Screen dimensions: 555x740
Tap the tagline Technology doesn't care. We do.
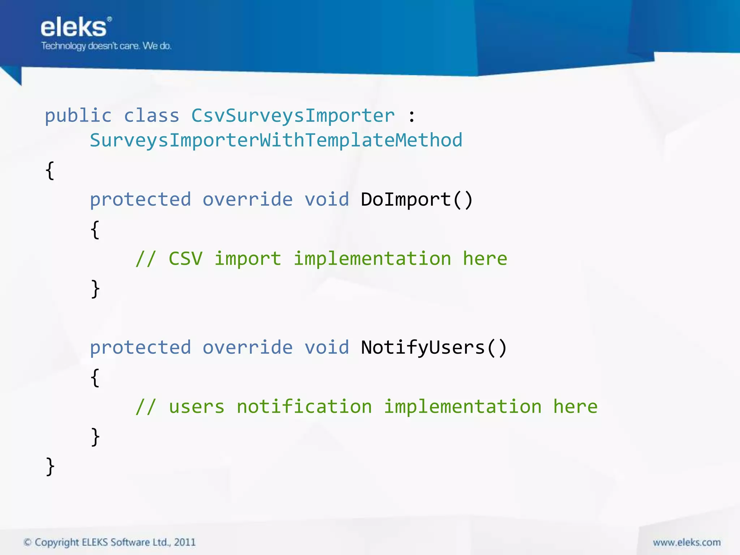[x=106, y=46]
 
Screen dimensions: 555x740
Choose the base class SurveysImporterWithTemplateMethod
[x=276, y=141]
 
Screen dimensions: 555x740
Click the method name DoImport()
[x=417, y=200]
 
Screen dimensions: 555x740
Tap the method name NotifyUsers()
[x=434, y=348]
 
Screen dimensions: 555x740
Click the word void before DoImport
[x=327, y=200]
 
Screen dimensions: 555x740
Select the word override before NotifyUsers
[x=248, y=348]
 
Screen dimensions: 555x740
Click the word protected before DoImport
[x=140, y=200]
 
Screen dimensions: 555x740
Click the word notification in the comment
[x=304, y=407]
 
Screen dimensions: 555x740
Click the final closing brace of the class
[x=50, y=466]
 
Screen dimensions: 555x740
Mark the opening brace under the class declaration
[x=50, y=171]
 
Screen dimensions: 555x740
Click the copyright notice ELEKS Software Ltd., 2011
[x=109, y=542]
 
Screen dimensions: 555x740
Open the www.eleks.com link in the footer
[x=687, y=542]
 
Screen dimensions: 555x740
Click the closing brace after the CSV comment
[x=95, y=289]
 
